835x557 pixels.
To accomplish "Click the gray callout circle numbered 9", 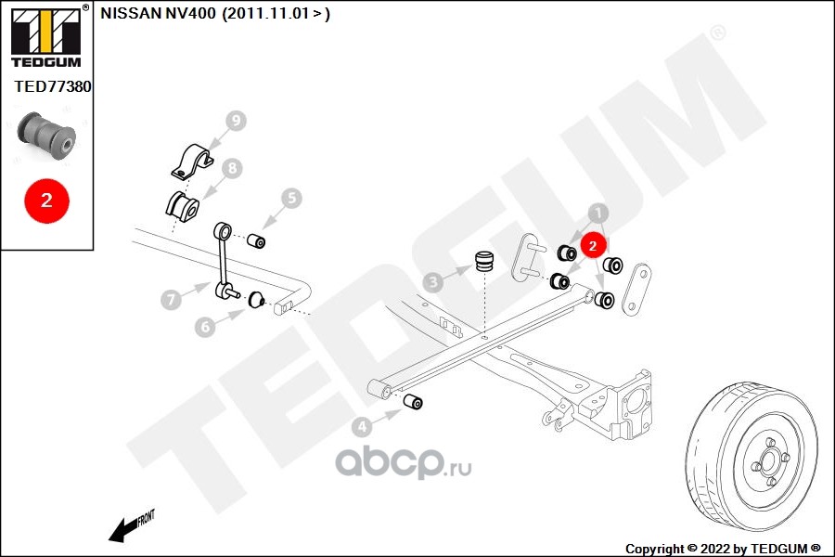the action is tap(236, 121).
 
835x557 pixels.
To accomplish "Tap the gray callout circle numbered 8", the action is tap(232, 168).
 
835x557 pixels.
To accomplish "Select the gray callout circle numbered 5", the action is tap(291, 199).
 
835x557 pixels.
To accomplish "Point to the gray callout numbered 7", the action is tap(171, 299).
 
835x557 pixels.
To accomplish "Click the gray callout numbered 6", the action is tap(206, 326).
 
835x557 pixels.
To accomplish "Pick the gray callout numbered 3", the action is tap(433, 282).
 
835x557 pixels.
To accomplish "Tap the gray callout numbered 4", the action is tap(362, 426).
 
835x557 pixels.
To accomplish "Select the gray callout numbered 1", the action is tap(598, 214).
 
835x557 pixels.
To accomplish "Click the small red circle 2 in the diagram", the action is tap(593, 245).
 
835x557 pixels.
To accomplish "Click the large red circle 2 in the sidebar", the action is tap(46, 201).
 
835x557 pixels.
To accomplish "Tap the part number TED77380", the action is tap(53, 86).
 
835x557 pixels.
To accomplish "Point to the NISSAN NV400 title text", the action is tap(215, 13).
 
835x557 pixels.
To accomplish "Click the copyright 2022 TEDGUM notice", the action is tap(723, 549).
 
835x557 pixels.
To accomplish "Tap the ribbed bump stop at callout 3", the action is tap(484, 261).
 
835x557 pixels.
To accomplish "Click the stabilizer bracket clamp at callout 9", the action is tap(192, 161).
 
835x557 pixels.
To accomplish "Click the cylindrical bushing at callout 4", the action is tap(413, 401).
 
